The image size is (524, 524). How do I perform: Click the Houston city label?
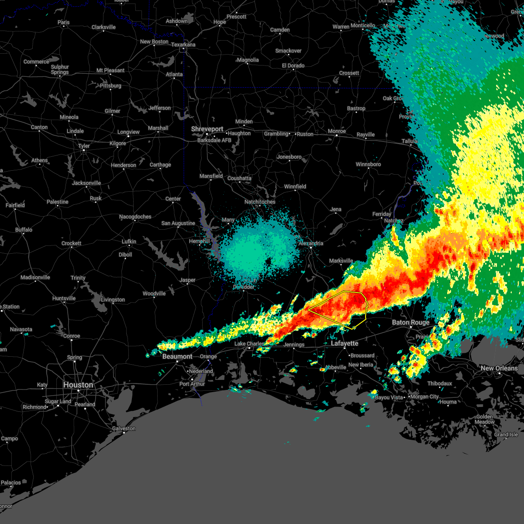(x=78, y=385)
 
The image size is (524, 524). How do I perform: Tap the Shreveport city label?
(x=207, y=129)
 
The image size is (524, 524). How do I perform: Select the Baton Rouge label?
(x=410, y=322)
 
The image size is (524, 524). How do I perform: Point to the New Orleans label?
(x=499, y=368)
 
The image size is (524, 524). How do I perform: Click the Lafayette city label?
(x=345, y=344)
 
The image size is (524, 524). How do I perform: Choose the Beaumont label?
(x=177, y=356)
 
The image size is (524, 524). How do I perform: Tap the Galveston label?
(x=124, y=428)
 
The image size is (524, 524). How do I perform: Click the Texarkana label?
(x=183, y=45)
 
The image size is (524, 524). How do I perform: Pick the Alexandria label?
(x=311, y=243)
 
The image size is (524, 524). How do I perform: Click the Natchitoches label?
(x=260, y=202)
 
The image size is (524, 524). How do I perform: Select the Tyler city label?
(x=84, y=146)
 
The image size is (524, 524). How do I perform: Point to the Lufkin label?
(x=129, y=241)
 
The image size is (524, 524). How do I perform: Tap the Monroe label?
(x=337, y=131)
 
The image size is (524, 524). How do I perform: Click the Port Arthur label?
(x=192, y=384)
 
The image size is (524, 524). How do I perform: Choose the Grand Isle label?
(x=506, y=434)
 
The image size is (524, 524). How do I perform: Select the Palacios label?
(x=11, y=483)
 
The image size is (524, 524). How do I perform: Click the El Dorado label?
(x=293, y=65)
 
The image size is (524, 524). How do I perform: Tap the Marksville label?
(x=341, y=261)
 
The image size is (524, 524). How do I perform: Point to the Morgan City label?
(x=424, y=396)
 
